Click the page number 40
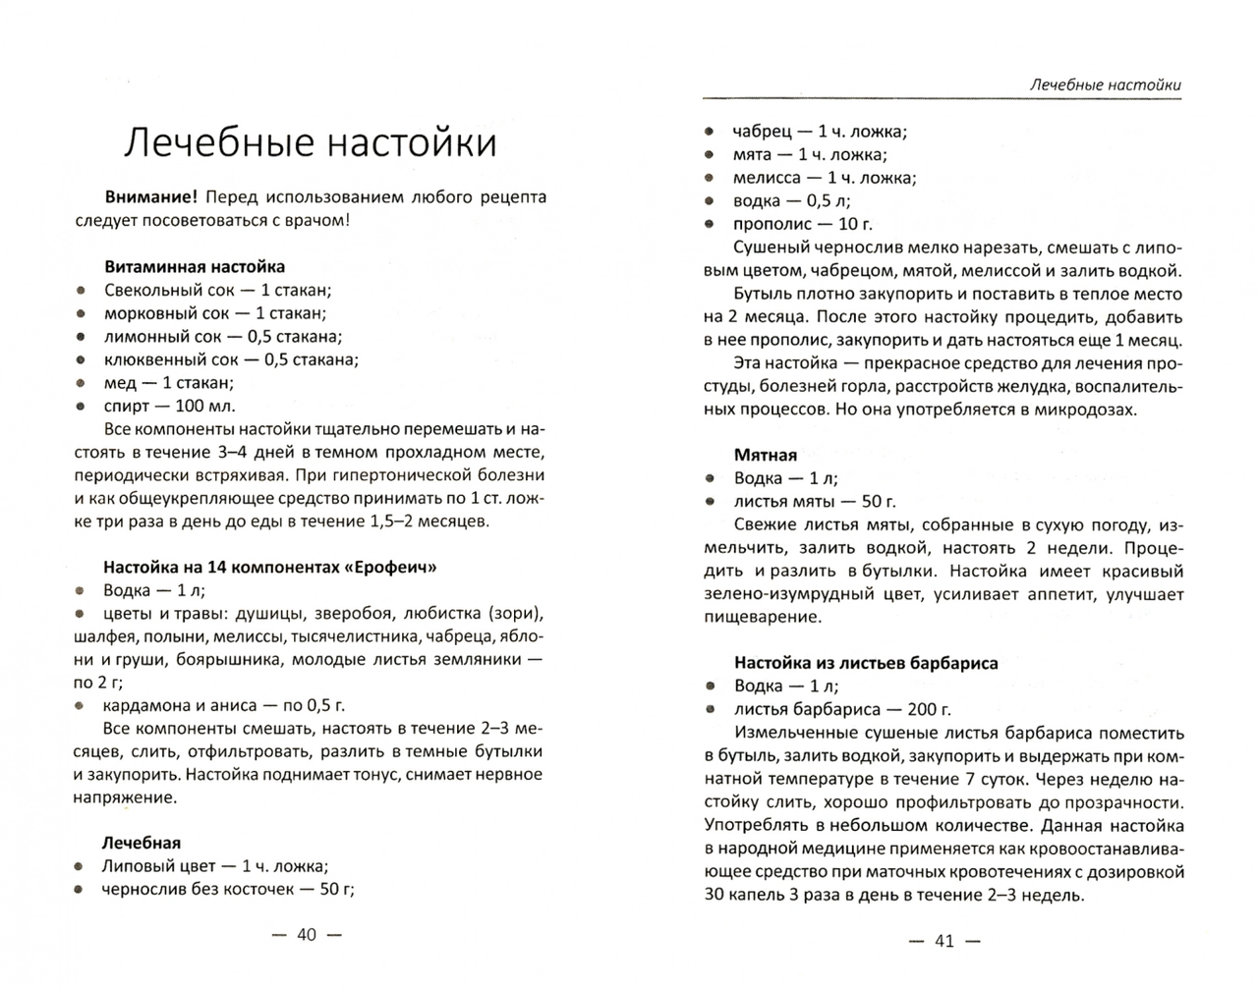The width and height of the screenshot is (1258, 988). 307,935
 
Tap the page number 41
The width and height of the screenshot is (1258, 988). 943,941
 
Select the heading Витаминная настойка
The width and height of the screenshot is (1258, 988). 194,266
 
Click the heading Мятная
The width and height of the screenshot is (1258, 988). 765,455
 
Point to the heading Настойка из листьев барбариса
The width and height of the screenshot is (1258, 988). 866,663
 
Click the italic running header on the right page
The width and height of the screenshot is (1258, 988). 1105,84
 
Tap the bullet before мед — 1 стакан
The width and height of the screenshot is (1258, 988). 83,383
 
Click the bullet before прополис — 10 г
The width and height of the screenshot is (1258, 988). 710,224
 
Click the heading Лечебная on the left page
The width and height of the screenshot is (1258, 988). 142,843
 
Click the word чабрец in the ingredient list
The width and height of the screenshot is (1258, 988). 760,131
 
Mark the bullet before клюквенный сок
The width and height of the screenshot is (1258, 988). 83,359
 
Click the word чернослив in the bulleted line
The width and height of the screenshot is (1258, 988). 142,889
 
